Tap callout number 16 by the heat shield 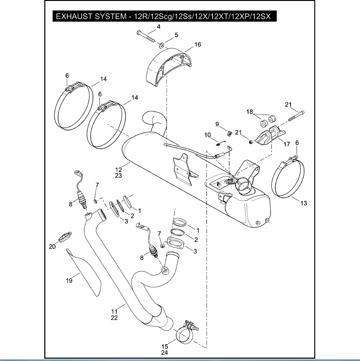(x=198, y=44)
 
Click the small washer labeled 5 (x=160, y=45)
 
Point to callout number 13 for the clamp (x=304, y=203)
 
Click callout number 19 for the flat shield (x=69, y=280)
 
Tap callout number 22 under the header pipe (x=114, y=318)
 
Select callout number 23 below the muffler (x=118, y=176)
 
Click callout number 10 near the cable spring (x=208, y=135)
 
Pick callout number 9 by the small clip (x=217, y=123)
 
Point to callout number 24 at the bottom (x=165, y=353)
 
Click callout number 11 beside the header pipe (x=114, y=311)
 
